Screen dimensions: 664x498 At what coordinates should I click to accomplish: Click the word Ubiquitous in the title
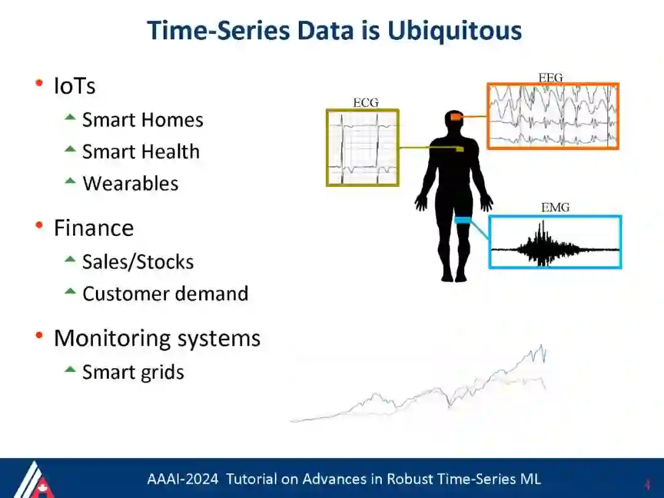(454, 31)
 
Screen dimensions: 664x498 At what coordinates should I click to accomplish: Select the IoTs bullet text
(74, 86)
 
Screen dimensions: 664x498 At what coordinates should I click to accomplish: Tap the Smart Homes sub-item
(143, 120)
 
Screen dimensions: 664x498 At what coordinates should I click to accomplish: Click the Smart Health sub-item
(141, 152)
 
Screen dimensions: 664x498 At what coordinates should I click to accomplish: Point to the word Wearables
(130, 183)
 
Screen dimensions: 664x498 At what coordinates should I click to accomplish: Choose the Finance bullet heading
(94, 228)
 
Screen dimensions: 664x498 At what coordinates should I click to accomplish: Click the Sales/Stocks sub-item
(138, 262)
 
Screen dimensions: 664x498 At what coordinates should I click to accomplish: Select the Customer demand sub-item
(165, 293)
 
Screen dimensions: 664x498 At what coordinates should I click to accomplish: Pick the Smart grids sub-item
(133, 373)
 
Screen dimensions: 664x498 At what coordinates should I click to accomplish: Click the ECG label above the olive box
(366, 103)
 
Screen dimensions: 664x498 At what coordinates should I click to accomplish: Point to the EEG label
(550, 78)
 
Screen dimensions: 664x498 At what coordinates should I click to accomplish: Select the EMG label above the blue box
(555, 207)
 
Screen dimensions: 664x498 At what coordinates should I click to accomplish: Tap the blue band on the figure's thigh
(463, 220)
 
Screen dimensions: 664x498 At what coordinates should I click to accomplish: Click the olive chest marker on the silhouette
(460, 149)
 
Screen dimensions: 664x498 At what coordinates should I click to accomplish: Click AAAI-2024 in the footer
(183, 479)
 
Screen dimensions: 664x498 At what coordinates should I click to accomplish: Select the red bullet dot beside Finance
(39, 225)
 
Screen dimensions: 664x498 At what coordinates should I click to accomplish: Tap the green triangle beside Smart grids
(70, 370)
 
